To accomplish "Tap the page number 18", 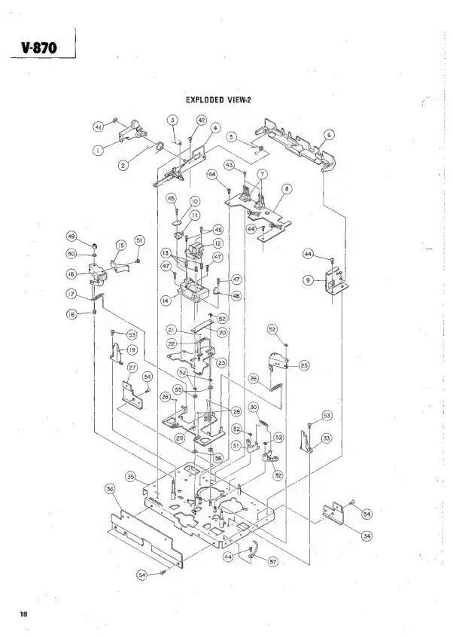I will (24, 614).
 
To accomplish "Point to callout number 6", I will (329, 135).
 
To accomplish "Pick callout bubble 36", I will (110, 490).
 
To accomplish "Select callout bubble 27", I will (132, 367).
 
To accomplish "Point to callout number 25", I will (305, 365).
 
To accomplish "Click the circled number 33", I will (327, 437).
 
